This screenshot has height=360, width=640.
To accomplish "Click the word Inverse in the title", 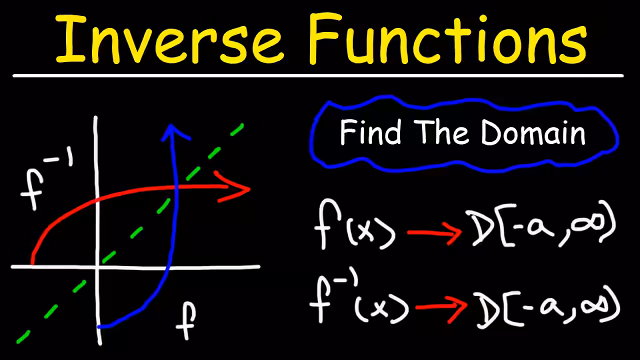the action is pos(169,38).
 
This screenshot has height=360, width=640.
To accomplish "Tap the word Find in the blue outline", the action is pos(370,132).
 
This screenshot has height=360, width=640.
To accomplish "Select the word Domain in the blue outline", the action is pos(533,132).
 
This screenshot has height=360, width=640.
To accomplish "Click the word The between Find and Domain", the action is pos(441,132).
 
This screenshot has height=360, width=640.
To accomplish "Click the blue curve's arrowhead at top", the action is pos(174,132).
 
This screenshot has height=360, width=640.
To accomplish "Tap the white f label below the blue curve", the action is pos(186,321).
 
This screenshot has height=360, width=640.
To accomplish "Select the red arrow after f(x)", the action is pos(434,233).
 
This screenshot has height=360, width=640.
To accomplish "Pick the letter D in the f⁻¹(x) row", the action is pos(487,310).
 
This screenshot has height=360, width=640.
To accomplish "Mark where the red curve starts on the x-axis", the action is pos(32,264).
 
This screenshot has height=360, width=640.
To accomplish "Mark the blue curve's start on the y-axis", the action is pos(99,326).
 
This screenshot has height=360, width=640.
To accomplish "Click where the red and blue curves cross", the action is pos(176,187).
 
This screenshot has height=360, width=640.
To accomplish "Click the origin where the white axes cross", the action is pos(97,267).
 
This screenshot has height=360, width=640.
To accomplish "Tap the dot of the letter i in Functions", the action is pos(483,18).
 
